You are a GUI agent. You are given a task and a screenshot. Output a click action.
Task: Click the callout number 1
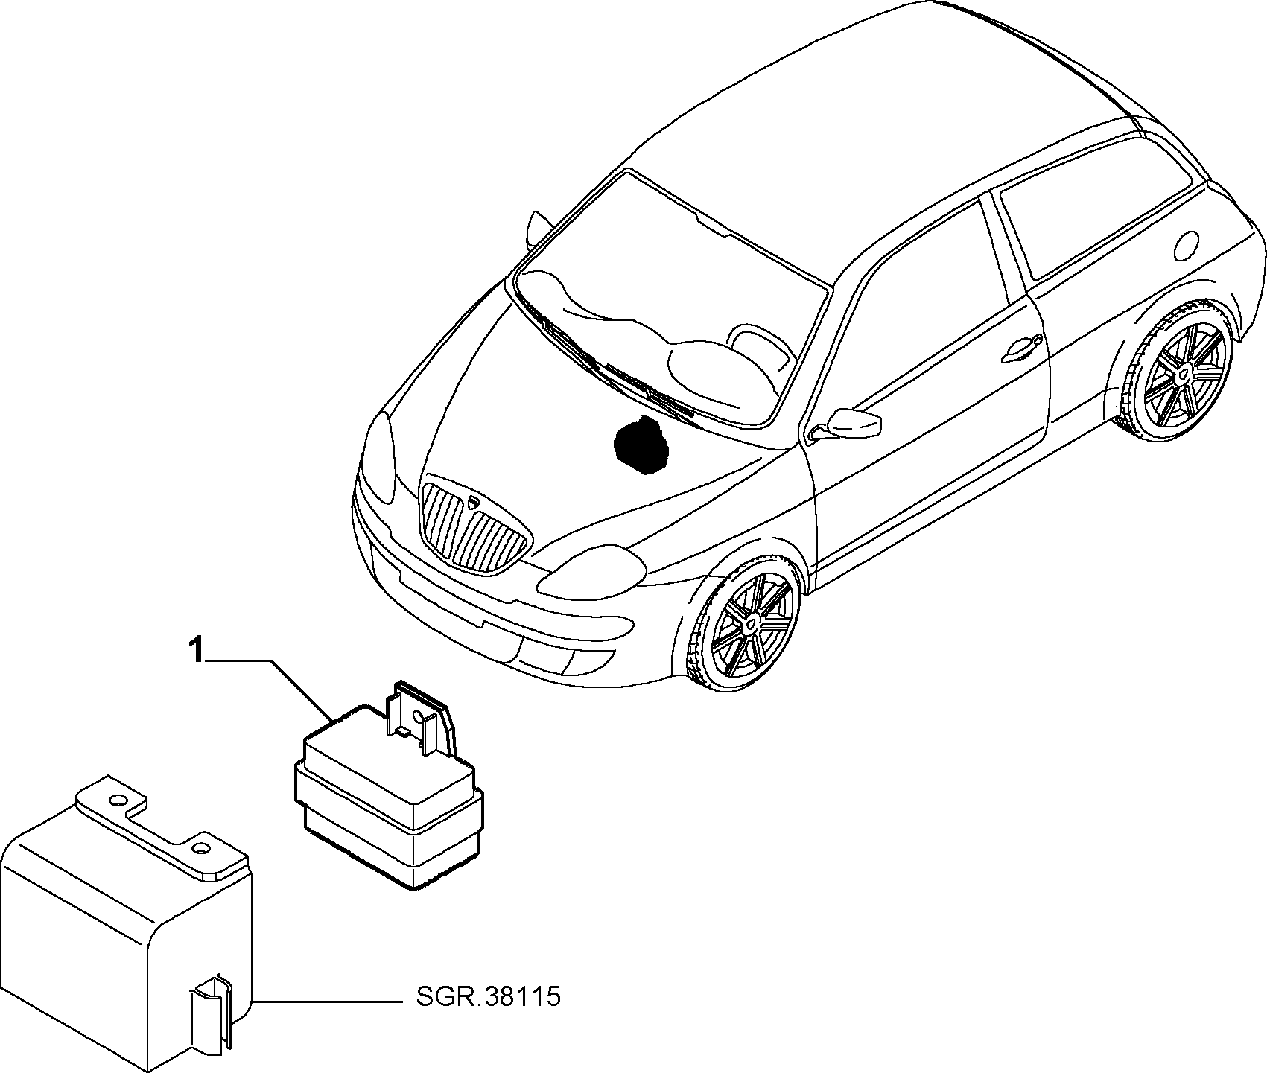click(x=196, y=651)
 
